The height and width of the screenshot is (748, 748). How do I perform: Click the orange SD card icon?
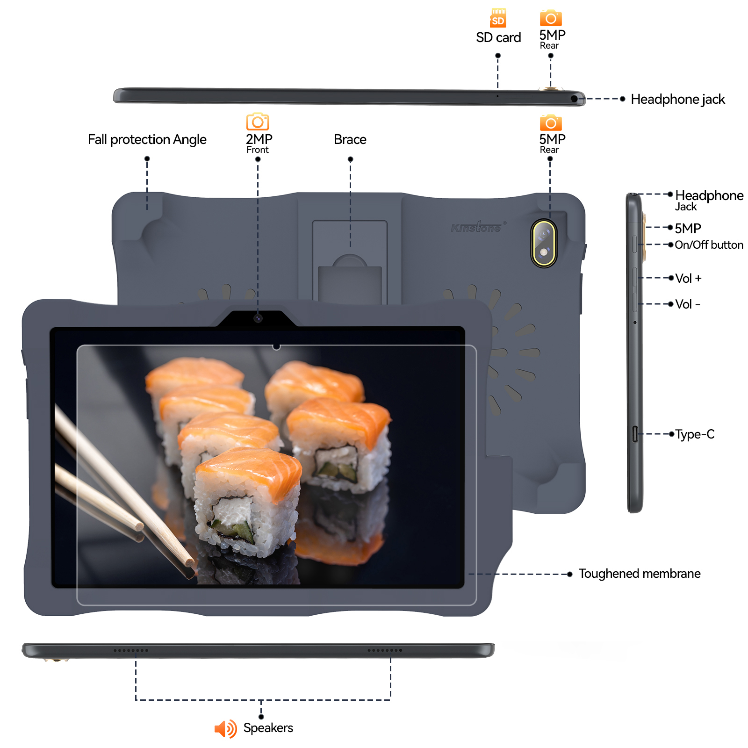coord(498,18)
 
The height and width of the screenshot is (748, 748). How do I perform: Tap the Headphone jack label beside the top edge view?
coord(677,99)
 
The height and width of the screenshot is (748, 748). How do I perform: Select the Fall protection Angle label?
coord(147,139)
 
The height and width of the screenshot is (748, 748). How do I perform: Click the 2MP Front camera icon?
coord(258,122)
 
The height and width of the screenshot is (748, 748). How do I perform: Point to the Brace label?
coord(350,139)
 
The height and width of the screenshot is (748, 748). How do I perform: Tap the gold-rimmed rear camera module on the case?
coord(544,243)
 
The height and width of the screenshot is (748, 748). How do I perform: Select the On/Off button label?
coord(709,245)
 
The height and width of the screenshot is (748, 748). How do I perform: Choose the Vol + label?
coord(688,278)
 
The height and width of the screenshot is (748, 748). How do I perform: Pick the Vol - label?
coord(688,304)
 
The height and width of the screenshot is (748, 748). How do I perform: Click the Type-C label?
coord(695,434)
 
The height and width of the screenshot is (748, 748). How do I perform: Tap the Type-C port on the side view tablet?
coord(635,434)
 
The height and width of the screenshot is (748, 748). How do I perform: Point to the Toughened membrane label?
coord(639,574)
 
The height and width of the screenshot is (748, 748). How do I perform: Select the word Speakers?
coord(268,728)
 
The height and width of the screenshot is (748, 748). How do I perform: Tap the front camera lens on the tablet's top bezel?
coord(258,318)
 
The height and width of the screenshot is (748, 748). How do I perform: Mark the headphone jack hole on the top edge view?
coord(574,99)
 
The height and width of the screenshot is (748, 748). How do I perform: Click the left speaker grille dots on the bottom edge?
coord(131,650)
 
